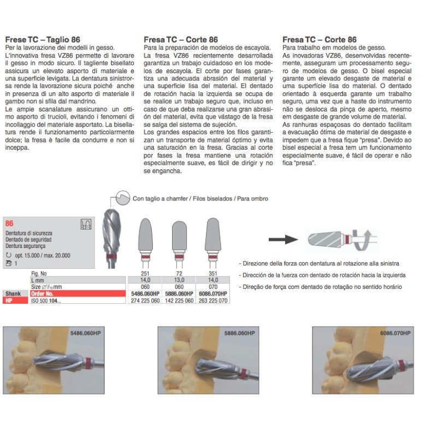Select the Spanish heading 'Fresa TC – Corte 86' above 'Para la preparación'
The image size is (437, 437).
[180, 40]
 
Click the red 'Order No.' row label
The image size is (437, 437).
[45, 293]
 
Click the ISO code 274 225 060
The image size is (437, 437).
[145, 300]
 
